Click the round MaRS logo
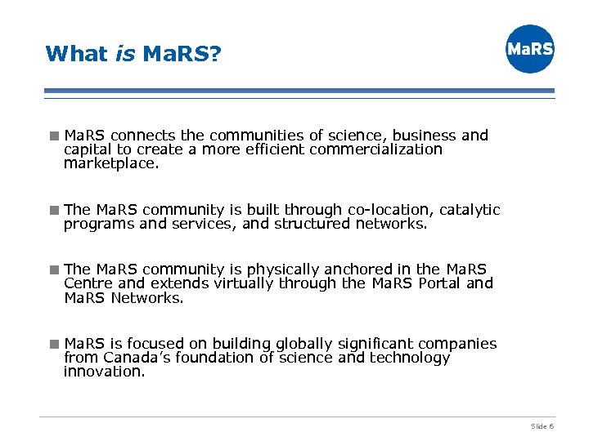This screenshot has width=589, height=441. pyautogui.click(x=529, y=49)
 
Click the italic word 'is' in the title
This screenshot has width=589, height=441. pyautogui.click(x=125, y=54)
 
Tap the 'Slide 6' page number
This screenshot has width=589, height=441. pyautogui.click(x=542, y=426)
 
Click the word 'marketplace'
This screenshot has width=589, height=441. pyautogui.click(x=110, y=164)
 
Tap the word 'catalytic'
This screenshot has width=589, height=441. pyautogui.click(x=470, y=210)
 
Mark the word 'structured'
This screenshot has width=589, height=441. pyautogui.click(x=312, y=224)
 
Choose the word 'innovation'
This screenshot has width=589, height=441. pyautogui.click(x=103, y=372)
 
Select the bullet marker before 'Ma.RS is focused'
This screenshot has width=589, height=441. pyautogui.click(x=54, y=344)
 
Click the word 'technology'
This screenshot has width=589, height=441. pyautogui.click(x=410, y=358)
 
